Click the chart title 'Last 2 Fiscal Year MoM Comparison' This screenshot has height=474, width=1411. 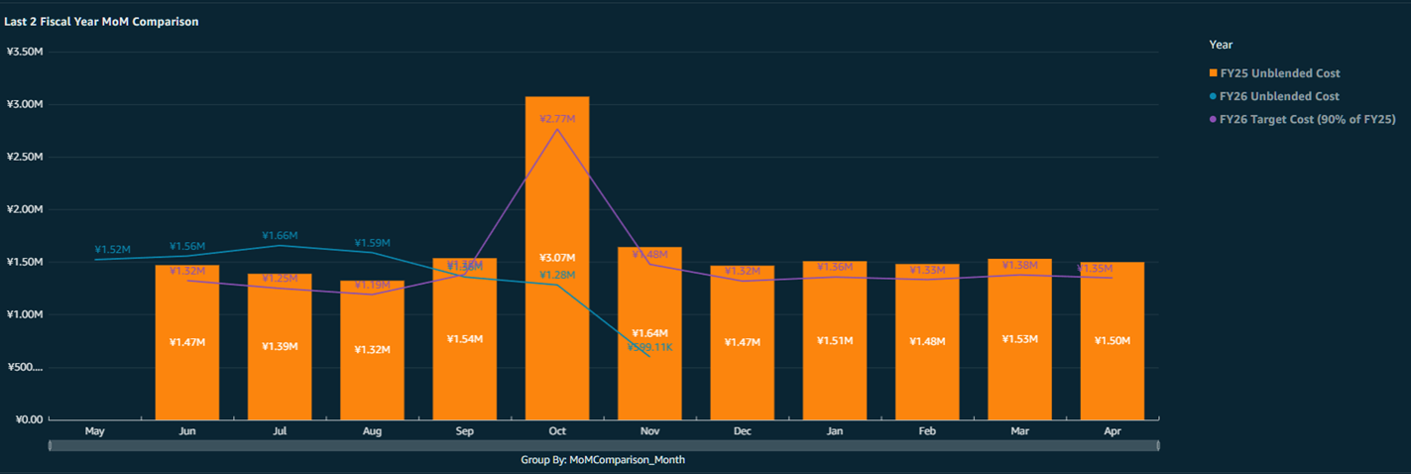pyautogui.click(x=101, y=21)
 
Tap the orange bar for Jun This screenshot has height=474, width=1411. pyautogui.click(x=187, y=377)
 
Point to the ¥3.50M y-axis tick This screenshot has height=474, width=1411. pyautogui.click(x=24, y=52)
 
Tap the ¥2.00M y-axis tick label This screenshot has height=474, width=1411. pyautogui.click(x=24, y=209)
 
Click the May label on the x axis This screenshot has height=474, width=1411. pyautogui.click(x=95, y=431)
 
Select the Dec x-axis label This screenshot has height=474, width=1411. pyautogui.click(x=742, y=431)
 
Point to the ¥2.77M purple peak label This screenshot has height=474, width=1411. pyautogui.click(x=557, y=119)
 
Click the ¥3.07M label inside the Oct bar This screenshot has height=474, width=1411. pyautogui.click(x=557, y=258)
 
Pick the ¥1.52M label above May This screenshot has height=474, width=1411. pyautogui.click(x=113, y=250)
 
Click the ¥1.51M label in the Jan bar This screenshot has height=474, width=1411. pyautogui.click(x=835, y=341)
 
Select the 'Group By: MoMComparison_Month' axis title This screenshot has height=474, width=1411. pyautogui.click(x=603, y=460)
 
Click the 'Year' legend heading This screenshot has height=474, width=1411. pyautogui.click(x=1221, y=45)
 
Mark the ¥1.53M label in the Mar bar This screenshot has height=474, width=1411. pyautogui.click(x=1019, y=339)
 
